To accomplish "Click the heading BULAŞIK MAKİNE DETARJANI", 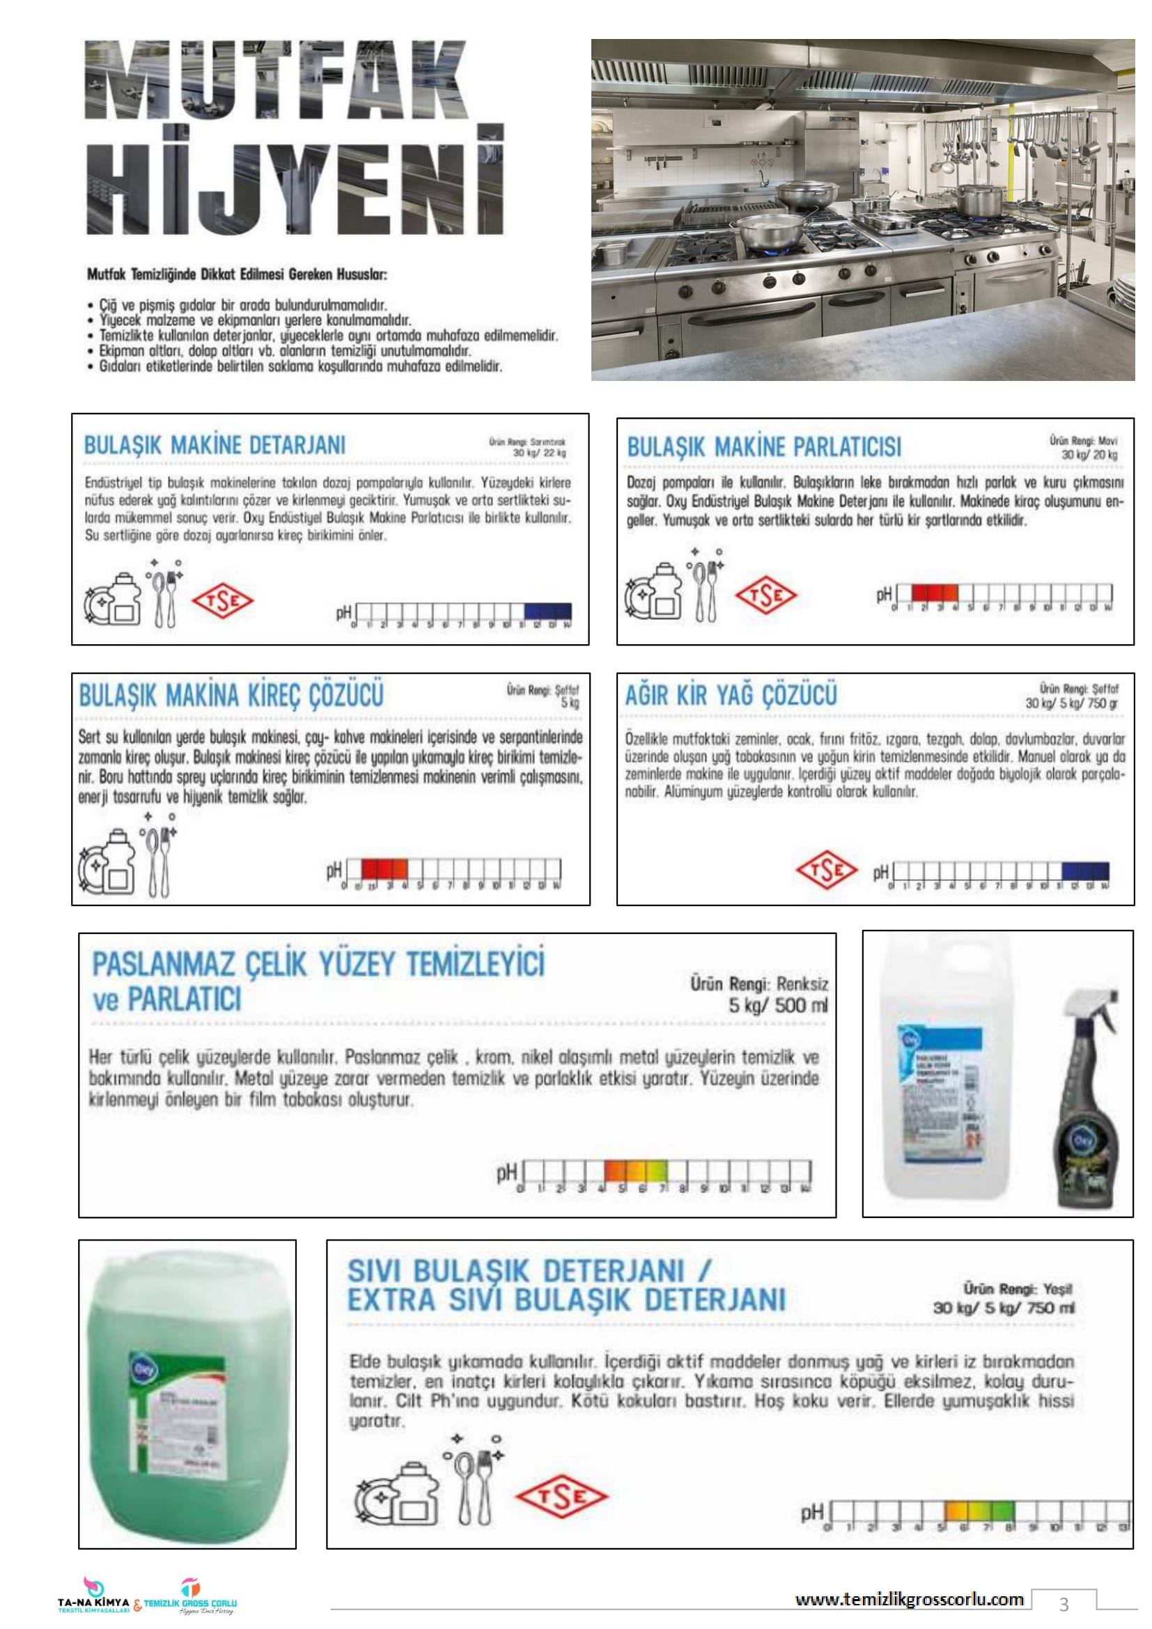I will [215, 445].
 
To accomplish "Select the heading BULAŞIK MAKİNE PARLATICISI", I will [764, 447].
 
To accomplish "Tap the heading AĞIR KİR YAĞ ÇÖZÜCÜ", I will [731, 694].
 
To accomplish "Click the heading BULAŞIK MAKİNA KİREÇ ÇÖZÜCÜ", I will [231, 695].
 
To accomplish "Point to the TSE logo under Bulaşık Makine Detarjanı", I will [223, 602].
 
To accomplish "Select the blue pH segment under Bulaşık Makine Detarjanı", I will [547, 611].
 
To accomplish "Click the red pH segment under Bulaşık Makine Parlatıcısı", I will [934, 593].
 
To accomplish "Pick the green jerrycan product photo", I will [187, 1398].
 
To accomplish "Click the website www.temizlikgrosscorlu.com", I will [909, 1598].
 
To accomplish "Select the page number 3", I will [1064, 1603].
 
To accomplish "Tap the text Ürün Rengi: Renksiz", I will [759, 984].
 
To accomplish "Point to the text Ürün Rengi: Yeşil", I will [1017, 1288].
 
